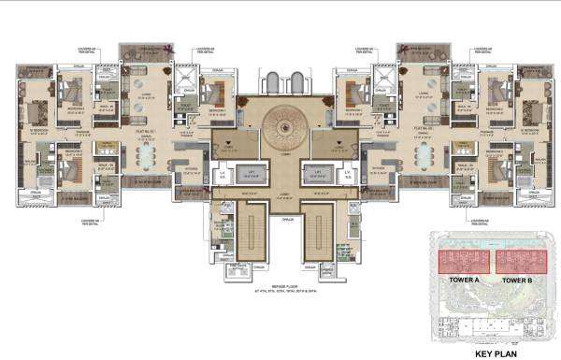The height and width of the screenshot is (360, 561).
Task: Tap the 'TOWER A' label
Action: [460, 280]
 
